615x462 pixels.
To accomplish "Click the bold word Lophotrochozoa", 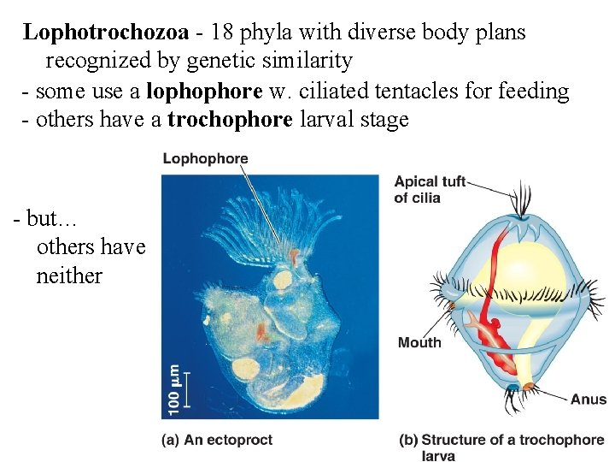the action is click(106, 33).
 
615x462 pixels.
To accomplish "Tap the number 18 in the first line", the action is click(221, 33).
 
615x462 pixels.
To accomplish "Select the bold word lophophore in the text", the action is click(204, 92).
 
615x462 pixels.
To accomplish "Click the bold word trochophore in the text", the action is click(230, 120).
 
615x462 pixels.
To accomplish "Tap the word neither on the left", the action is click(69, 276).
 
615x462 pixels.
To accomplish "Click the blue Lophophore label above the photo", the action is click(205, 158).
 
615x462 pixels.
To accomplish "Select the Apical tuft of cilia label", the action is click(429, 189).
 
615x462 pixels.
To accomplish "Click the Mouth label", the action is click(419, 343).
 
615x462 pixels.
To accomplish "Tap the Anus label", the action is click(589, 400).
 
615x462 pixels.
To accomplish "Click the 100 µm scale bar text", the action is click(174, 389).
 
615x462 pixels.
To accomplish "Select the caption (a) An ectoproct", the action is click(217, 440).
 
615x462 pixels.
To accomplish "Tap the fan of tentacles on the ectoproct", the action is click(256, 222).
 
